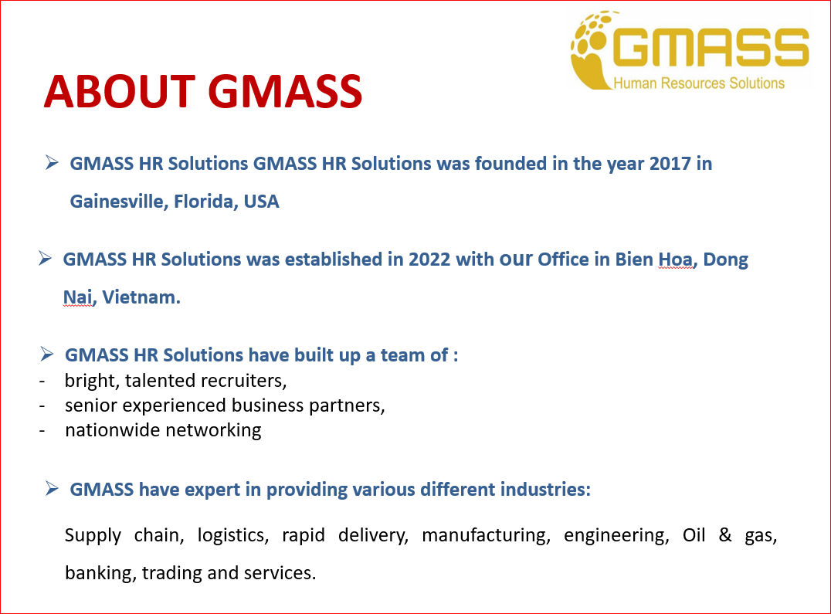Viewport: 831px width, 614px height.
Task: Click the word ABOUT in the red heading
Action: (x=119, y=91)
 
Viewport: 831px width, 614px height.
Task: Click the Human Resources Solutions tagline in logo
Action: (x=698, y=83)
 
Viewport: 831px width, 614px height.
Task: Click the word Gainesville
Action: (x=118, y=202)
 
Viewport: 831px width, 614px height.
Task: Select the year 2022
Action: (x=429, y=260)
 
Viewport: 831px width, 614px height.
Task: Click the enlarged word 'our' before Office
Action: (x=516, y=260)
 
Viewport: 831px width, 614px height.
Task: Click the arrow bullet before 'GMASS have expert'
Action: (x=52, y=488)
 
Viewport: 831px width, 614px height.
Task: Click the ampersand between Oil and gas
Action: (x=725, y=535)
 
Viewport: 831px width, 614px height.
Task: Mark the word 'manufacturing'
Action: (x=486, y=535)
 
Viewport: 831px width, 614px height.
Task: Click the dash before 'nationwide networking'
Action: (x=43, y=430)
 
